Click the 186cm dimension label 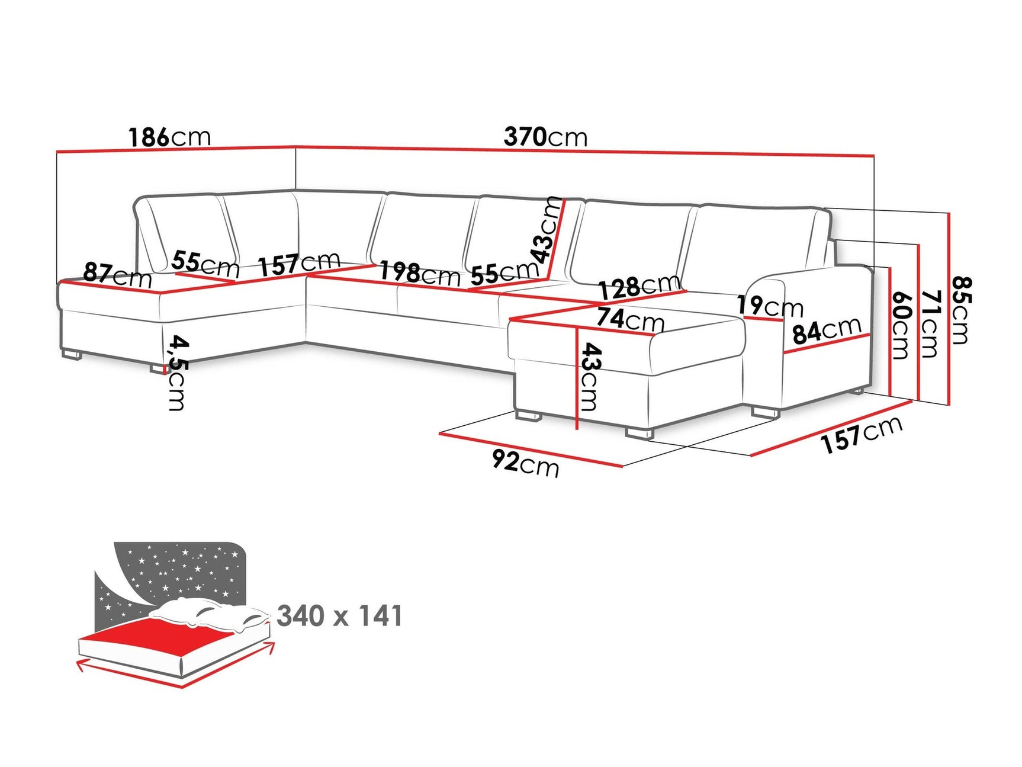(169, 137)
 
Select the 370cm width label (545, 137)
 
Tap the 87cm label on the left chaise (117, 275)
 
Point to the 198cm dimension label (419, 273)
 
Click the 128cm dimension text (638, 287)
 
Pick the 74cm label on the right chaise (630, 319)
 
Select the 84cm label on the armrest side (827, 330)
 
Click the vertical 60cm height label (900, 325)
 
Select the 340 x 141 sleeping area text (339, 616)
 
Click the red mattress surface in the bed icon (172, 636)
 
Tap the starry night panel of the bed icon (178, 569)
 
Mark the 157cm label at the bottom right (862, 434)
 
